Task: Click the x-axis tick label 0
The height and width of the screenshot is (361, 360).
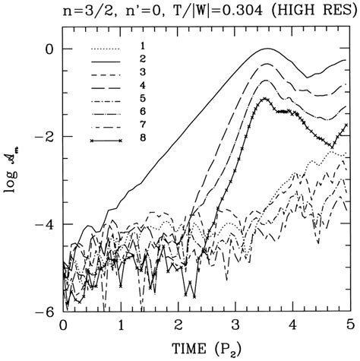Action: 62,325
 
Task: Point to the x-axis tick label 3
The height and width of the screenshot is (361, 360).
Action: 236,325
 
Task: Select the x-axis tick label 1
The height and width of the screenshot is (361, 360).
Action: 120,325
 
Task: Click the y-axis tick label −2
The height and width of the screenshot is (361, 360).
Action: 45,137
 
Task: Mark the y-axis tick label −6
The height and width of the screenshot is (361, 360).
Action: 45,312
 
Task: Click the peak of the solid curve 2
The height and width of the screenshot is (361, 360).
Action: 267,49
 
